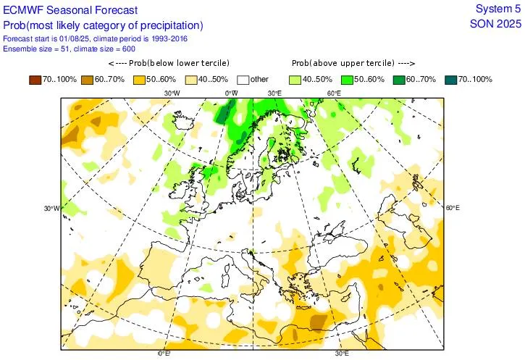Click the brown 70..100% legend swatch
click(35, 79)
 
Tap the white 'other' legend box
click(243, 79)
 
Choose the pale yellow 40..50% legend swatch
click(191, 79)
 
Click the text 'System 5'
click(497, 9)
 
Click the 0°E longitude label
click(164, 354)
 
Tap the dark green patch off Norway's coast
click(225, 112)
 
